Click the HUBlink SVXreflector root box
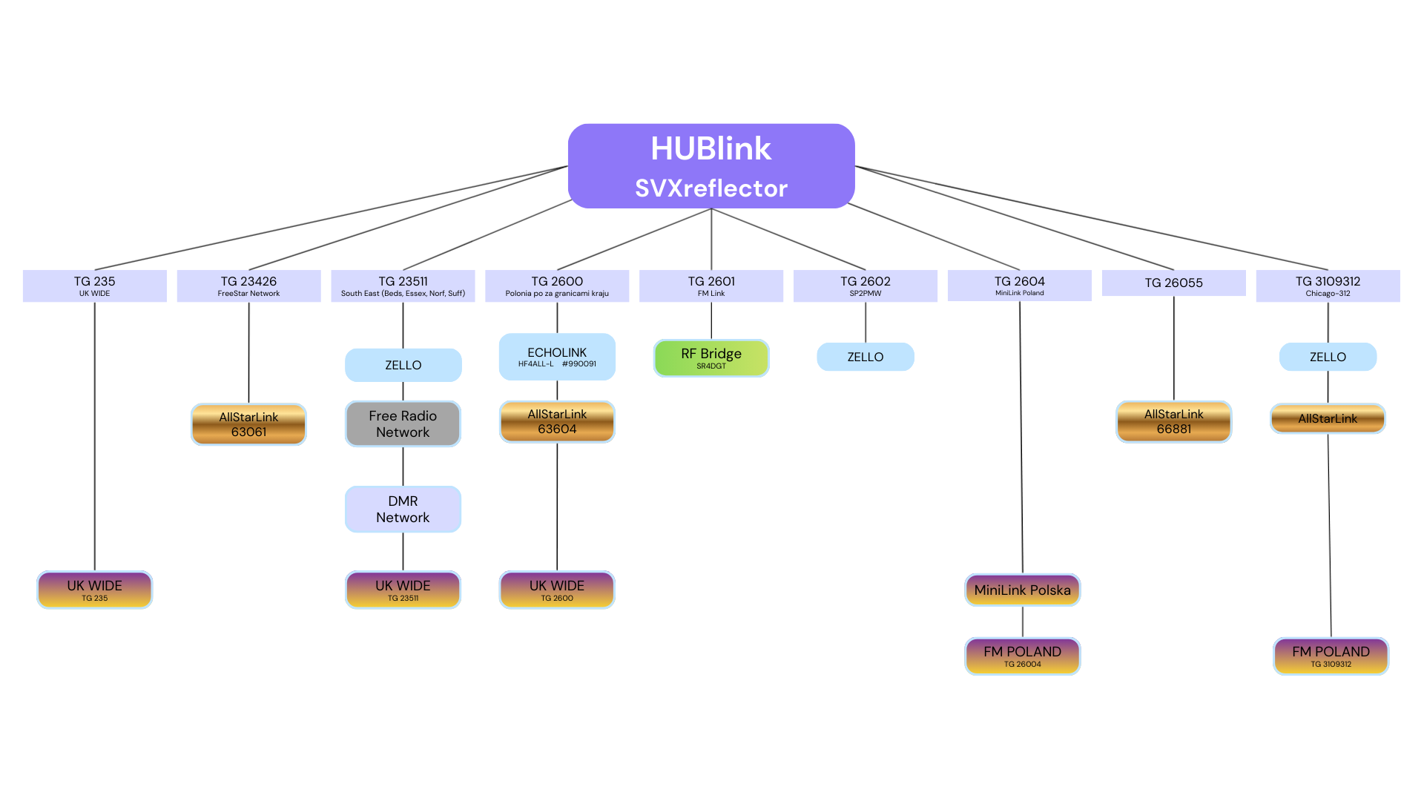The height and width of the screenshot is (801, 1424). [x=711, y=166]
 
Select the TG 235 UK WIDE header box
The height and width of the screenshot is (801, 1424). [x=95, y=286]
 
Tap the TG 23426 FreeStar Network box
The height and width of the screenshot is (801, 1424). [x=248, y=286]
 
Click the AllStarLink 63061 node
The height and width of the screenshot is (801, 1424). [x=248, y=424]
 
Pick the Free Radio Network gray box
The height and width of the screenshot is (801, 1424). [x=403, y=423]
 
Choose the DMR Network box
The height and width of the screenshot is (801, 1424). [x=403, y=509]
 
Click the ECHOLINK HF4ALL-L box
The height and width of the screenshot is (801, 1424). [x=557, y=357]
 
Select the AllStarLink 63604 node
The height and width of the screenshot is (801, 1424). [x=557, y=421]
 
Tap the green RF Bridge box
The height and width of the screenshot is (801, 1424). [x=711, y=358]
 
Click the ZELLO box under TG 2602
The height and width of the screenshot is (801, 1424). [x=865, y=357]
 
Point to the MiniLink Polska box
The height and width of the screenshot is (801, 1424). [x=1022, y=590]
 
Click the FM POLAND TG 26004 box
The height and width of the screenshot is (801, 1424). [x=1022, y=656]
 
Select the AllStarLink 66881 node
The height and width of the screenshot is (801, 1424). [x=1173, y=421]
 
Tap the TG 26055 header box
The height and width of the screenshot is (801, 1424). [x=1173, y=283]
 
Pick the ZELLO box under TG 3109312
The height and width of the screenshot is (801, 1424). [x=1328, y=357]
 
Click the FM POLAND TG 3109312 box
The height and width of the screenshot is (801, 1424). [x=1331, y=656]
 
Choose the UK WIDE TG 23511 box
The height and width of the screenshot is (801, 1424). [x=403, y=590]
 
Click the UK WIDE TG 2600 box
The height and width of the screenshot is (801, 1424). [x=557, y=590]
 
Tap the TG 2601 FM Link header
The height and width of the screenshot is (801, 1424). [x=711, y=286]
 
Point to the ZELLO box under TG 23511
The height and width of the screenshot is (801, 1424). [x=403, y=365]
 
